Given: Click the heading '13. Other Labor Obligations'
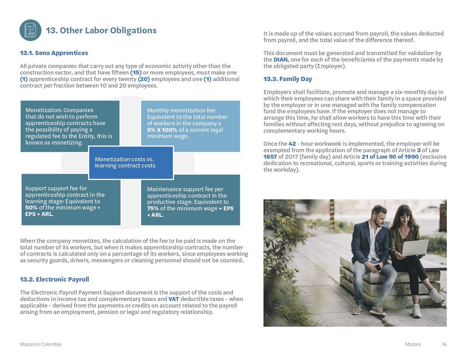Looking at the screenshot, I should click(x=101, y=31).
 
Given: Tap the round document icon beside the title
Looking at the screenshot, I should click(x=30, y=30).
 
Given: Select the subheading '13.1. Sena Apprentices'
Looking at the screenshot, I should click(x=54, y=53).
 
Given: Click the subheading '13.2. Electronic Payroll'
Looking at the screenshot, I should click(x=54, y=279).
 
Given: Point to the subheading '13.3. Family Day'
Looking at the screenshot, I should click(x=287, y=79).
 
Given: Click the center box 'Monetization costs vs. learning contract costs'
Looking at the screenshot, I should click(x=131, y=163).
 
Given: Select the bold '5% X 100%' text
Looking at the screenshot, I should click(x=162, y=130).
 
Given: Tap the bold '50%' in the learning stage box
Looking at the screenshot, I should click(x=31, y=208).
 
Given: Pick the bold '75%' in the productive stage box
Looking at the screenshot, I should click(x=153, y=208).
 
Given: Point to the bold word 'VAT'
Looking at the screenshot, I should click(x=173, y=299).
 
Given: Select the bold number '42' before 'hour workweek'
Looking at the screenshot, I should click(x=292, y=144).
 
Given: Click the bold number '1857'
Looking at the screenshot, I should click(x=270, y=157).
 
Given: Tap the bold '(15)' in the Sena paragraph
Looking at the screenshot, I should click(x=136, y=73).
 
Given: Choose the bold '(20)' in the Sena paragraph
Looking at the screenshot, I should click(x=144, y=79).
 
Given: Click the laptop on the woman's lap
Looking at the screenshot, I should click(x=415, y=247).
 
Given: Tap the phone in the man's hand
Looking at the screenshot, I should click(x=377, y=267).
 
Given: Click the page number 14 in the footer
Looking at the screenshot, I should click(x=444, y=344).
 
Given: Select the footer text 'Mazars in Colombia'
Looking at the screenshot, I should click(x=40, y=344).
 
